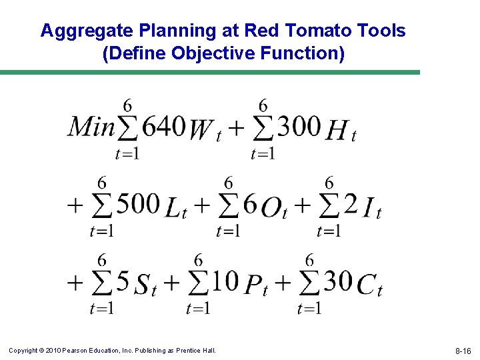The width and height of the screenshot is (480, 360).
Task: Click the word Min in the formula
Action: pyautogui.click(x=91, y=126)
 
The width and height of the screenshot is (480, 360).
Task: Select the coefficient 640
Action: pyautogui.click(x=163, y=125)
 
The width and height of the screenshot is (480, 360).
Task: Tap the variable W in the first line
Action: pyautogui.click(x=201, y=130)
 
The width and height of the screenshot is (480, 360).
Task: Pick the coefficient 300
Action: pyautogui.click(x=299, y=125)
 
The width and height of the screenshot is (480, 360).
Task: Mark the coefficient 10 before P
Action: pyautogui.click(x=225, y=281)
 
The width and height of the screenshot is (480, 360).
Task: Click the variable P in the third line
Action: pyautogui.click(x=253, y=285)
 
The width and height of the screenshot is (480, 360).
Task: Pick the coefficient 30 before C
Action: pyautogui.click(x=338, y=281)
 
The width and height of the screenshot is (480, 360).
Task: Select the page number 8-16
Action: pyautogui.click(x=463, y=351)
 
